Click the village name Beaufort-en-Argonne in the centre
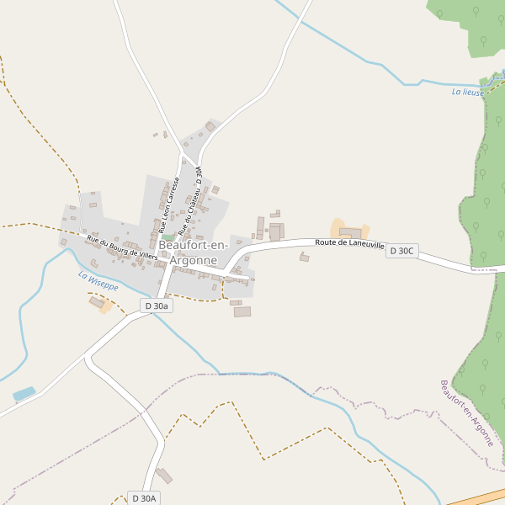tap(194, 252)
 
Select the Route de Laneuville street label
tap(349, 243)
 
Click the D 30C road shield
tap(402, 251)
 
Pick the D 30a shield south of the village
tap(157, 306)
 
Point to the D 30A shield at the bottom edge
tap(144, 498)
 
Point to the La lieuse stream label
tap(468, 92)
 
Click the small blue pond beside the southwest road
tap(24, 394)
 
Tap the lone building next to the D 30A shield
tap(164, 476)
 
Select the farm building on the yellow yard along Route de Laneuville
tap(349, 232)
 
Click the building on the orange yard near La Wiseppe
tap(97, 302)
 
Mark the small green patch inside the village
tap(169, 237)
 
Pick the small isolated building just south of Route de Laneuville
tap(304, 258)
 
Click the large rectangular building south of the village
tap(242, 311)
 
